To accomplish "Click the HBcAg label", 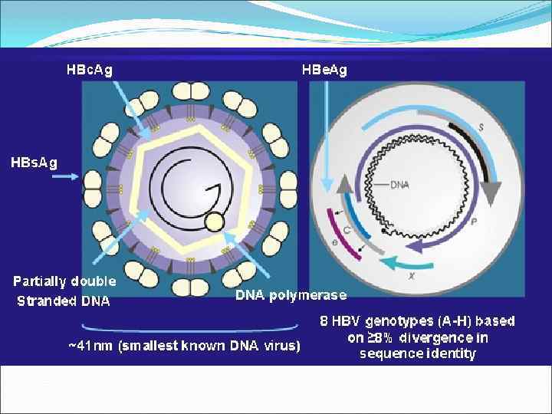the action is (89, 70).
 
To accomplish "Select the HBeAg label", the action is (324, 70).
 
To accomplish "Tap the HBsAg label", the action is (33, 163).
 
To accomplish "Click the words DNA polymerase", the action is (291, 294).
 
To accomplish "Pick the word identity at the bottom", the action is (450, 353).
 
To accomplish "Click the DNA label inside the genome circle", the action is (399, 185).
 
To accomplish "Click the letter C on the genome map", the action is (348, 230).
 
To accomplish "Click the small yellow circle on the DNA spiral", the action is (215, 223).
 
